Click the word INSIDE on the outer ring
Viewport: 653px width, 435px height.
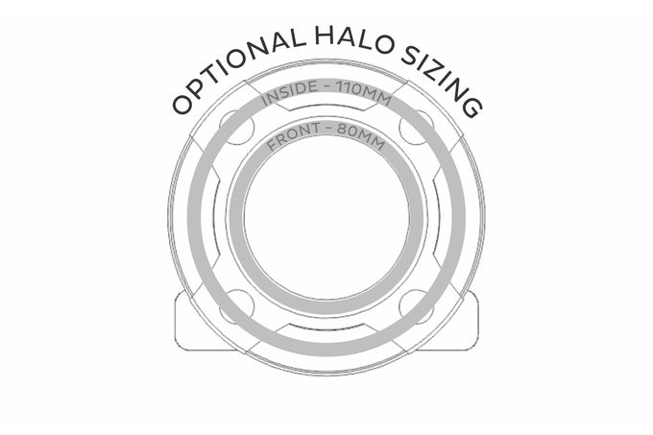pos(288,93)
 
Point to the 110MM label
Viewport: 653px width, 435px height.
pos(364,92)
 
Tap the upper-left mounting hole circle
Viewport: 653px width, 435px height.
pos(236,128)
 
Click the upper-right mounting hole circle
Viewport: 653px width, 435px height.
pos(417,128)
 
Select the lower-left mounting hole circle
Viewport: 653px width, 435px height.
pos(236,306)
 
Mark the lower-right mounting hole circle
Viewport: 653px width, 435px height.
pos(417,306)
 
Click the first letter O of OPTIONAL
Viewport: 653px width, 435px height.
pos(183,105)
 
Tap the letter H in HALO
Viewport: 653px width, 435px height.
pos(324,36)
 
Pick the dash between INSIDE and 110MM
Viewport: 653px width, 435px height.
pos(326,86)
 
